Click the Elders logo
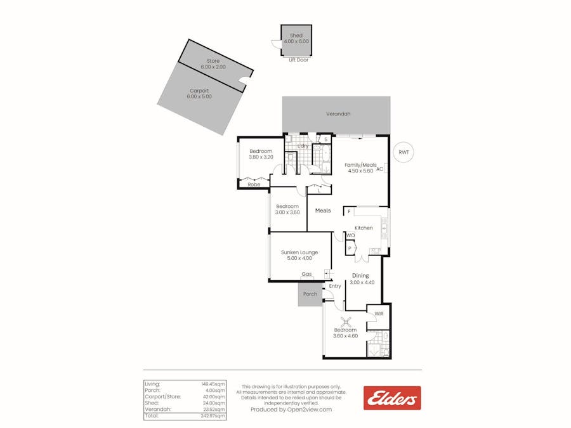391,398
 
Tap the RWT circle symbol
403,152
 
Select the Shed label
296,36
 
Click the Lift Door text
298,60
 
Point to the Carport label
199,91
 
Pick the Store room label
213,61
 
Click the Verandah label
338,114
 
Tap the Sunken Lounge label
299,252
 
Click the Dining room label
360,276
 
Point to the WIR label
379,313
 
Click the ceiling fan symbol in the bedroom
346,321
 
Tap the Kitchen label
364,228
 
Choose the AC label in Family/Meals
379,169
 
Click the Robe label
254,185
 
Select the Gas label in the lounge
306,275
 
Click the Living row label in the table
152,384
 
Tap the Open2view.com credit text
291,410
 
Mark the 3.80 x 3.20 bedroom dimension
260,157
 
